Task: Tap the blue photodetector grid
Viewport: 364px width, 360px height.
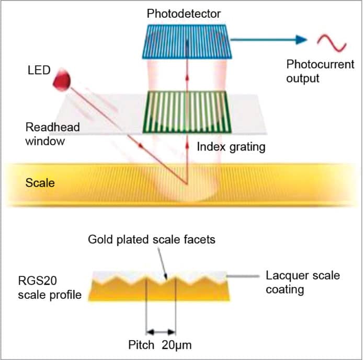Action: [187, 41]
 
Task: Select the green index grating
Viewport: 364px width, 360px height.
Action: [187, 111]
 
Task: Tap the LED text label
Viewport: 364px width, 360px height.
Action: [37, 69]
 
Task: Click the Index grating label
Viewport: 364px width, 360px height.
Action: [231, 147]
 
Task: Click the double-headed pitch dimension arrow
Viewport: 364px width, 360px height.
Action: [162, 331]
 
